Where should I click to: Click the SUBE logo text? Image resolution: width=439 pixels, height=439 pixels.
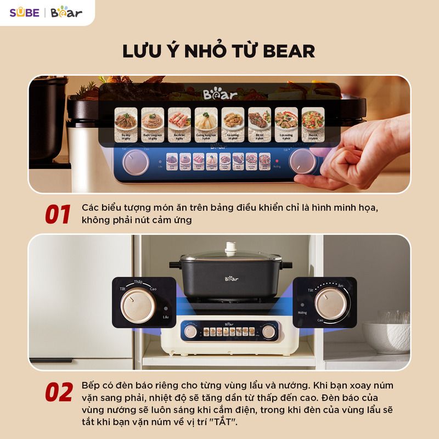pos(24,12)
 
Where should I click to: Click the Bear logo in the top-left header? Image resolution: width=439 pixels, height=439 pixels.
pos(66,12)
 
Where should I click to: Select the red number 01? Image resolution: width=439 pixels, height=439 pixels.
pos(58,215)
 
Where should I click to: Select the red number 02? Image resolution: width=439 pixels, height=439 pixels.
pos(58,392)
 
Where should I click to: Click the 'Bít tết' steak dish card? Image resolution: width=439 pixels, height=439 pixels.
pos(259,124)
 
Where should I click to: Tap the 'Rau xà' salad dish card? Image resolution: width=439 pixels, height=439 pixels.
pos(312,124)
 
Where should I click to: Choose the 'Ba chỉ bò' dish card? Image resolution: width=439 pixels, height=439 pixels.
pos(179,124)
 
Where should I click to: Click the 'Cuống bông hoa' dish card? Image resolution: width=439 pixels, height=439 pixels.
pos(206,124)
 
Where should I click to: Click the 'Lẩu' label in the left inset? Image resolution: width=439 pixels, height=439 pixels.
pos(165,317)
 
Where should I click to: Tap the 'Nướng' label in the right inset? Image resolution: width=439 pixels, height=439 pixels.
pos(302,312)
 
